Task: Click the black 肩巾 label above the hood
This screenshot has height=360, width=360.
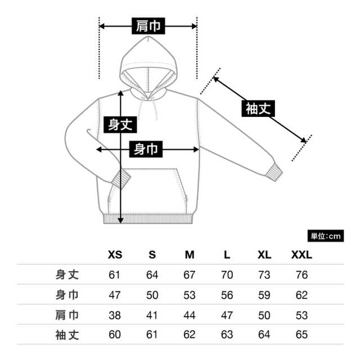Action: coord(148,26)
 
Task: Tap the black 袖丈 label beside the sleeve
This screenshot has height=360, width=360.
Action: coord(258,109)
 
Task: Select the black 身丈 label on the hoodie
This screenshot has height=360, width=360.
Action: coord(120,125)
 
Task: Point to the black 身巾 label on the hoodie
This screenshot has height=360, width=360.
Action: coord(146,149)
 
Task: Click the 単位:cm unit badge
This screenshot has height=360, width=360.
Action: coord(326,236)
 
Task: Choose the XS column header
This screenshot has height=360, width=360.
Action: coord(115,255)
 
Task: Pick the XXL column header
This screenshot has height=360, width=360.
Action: coord(301,255)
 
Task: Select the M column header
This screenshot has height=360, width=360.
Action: coord(190,255)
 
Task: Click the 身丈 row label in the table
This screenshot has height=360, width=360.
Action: coord(67,274)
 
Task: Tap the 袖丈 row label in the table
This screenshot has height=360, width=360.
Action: coord(67,335)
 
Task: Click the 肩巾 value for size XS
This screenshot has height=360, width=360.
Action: coord(115,315)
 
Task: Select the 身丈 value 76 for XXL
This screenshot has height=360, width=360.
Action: coord(301,275)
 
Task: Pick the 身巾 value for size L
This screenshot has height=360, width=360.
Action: coord(227,295)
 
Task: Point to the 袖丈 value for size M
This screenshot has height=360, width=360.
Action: coord(190,335)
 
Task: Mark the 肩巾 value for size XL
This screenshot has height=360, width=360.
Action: coord(264,315)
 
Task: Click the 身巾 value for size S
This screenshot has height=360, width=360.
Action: coord(152,295)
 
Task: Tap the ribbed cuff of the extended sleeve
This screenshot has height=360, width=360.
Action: coord(274,172)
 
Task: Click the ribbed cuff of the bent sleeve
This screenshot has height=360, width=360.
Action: coord(121,179)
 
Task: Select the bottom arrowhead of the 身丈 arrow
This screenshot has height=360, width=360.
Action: coord(120,220)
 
